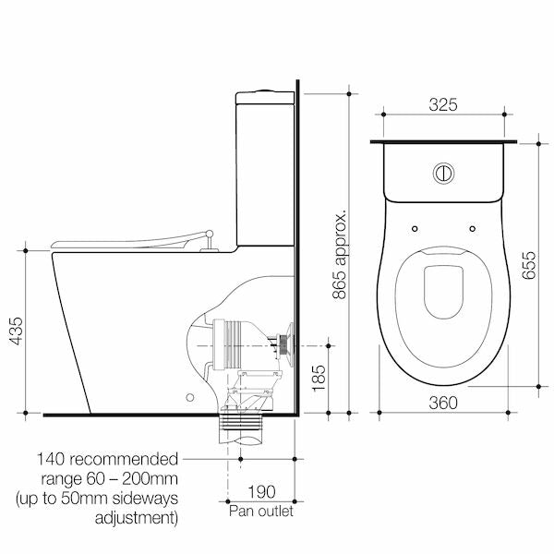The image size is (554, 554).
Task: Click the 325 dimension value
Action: point(443,104)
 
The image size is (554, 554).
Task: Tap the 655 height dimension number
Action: point(529,265)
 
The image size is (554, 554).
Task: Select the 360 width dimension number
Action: point(443,403)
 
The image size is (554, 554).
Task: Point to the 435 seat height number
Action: point(17,331)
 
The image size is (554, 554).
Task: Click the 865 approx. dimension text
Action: point(340,255)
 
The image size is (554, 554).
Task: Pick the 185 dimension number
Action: point(319,378)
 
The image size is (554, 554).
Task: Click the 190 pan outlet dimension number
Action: point(261,492)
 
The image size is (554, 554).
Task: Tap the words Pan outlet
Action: point(261,512)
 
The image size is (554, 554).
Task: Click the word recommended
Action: point(124,459)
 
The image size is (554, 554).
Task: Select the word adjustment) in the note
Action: point(137,518)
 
